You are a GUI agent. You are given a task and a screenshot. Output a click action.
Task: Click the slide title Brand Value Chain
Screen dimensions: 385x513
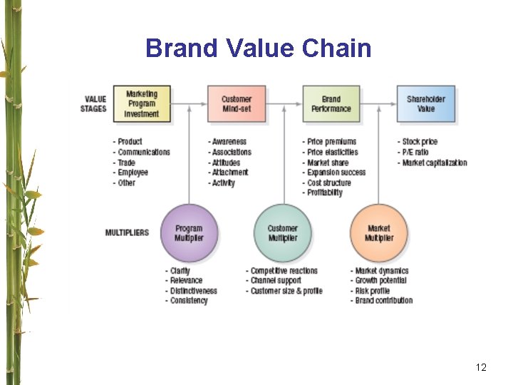[x=258, y=48]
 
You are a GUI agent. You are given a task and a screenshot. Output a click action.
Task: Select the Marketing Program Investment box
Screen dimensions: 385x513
[x=141, y=104]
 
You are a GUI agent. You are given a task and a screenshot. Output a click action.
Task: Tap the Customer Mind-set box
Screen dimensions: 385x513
[x=237, y=104]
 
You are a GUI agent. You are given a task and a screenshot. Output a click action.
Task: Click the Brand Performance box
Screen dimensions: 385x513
[x=331, y=104]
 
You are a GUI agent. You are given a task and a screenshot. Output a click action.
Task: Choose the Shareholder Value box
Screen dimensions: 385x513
[x=426, y=104]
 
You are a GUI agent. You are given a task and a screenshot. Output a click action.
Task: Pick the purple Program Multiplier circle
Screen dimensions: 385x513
[x=189, y=233]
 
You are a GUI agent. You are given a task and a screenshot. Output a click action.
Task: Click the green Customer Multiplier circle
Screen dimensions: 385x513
[x=283, y=233]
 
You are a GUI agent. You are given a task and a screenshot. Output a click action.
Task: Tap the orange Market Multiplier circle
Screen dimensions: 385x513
[x=378, y=233]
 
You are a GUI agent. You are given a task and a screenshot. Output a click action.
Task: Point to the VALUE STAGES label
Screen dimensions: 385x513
[x=94, y=104]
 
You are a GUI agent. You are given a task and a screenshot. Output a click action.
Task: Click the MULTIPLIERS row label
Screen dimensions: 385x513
[x=127, y=233]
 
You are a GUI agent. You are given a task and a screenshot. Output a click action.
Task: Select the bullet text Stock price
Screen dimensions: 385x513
[x=419, y=142]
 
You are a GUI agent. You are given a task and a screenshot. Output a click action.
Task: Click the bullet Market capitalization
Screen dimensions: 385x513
[x=434, y=163]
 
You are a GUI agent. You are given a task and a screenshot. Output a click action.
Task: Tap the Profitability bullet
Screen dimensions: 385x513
[x=324, y=192]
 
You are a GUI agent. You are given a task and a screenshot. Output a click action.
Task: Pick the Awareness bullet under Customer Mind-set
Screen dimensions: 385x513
[x=229, y=142]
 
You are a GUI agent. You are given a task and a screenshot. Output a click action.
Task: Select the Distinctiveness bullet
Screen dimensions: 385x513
[x=193, y=291]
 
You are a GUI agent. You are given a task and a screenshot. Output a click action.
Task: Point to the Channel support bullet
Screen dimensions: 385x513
[x=278, y=281]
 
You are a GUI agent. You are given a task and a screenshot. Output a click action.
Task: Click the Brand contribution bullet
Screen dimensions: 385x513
[x=383, y=300]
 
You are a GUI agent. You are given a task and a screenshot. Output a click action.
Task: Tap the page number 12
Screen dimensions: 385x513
[x=481, y=367]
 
